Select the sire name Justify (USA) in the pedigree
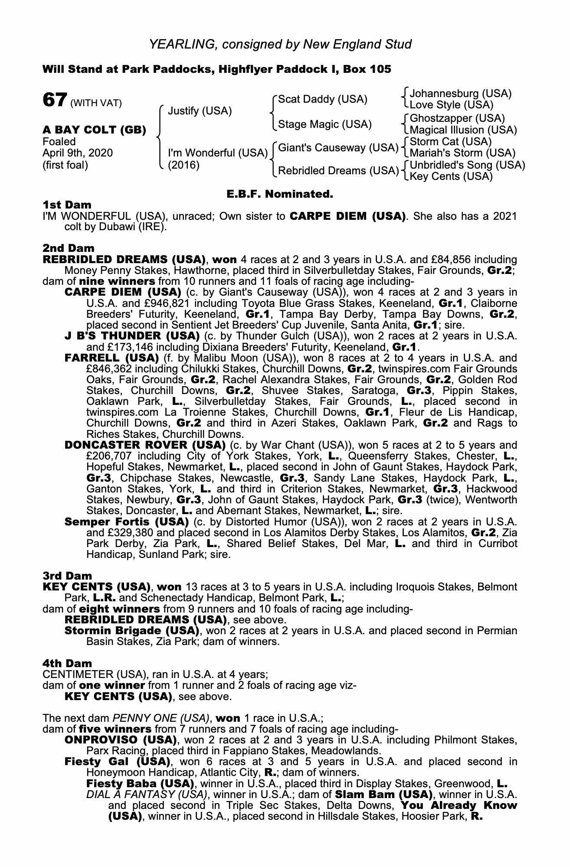(x=200, y=111)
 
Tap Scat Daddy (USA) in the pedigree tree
(x=322, y=99)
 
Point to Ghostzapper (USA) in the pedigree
(x=457, y=118)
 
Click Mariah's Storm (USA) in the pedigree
(x=462, y=153)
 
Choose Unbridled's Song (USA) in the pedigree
(x=467, y=165)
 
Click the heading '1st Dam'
(x=67, y=204)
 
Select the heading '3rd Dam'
(x=67, y=576)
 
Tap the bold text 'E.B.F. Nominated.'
(x=280, y=194)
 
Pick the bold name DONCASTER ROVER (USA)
(x=145, y=445)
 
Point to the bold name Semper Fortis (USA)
(x=126, y=521)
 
